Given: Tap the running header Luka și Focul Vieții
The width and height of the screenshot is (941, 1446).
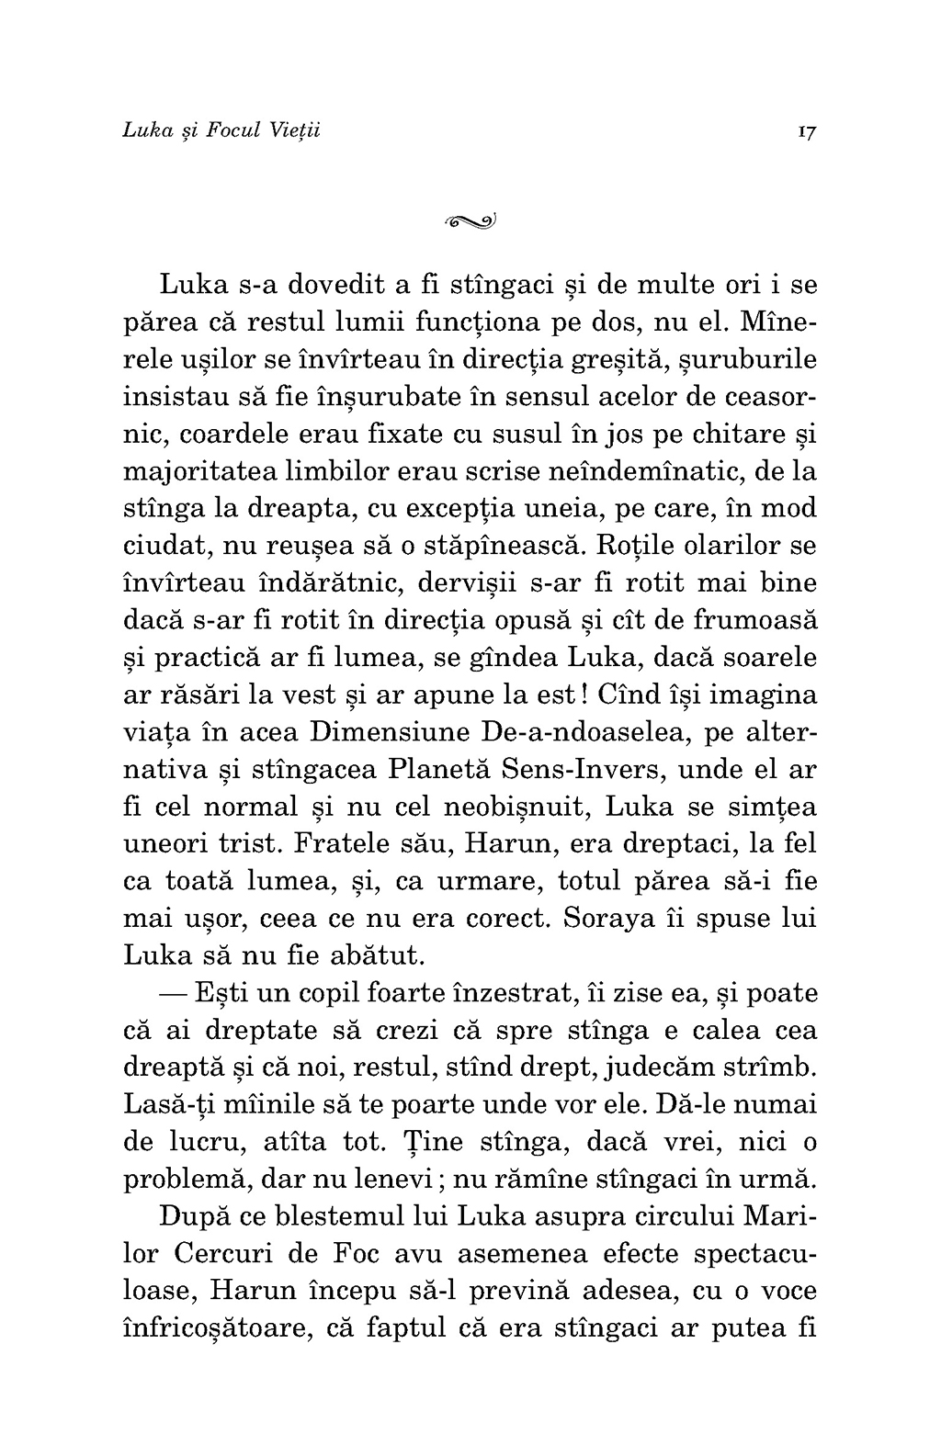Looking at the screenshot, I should [x=221, y=130].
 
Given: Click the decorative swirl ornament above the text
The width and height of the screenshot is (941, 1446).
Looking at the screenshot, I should [x=470, y=220].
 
